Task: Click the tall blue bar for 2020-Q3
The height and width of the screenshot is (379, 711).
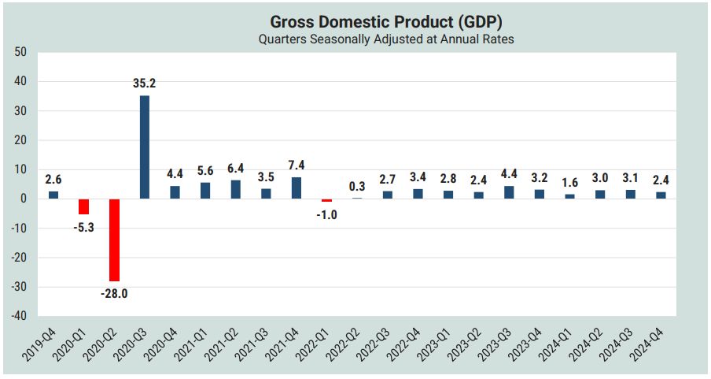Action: [x=145, y=147]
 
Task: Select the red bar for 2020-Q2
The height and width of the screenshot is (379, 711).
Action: [x=114, y=240]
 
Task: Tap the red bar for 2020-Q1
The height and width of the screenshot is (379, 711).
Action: [x=83, y=206]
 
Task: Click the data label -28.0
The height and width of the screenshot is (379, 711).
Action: [x=114, y=295]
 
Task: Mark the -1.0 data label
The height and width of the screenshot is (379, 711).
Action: [x=326, y=214]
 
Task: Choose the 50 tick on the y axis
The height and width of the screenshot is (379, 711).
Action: [x=20, y=52]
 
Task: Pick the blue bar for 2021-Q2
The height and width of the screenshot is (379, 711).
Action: [x=235, y=189]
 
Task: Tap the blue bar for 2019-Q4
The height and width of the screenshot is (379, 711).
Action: [x=53, y=195]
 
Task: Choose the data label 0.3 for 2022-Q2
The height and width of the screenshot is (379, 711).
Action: [x=357, y=186]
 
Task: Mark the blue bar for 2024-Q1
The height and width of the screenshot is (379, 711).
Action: [x=570, y=196]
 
